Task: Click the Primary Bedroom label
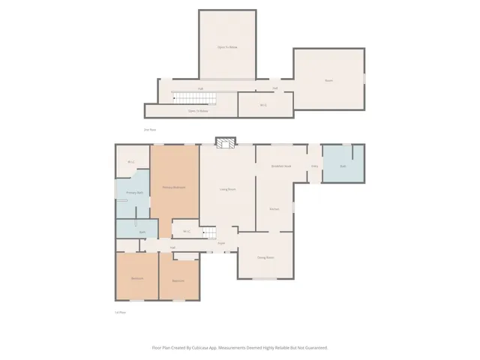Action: point(174,187)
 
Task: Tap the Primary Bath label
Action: point(124,193)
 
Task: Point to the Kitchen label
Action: point(274,208)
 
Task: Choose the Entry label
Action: point(315,166)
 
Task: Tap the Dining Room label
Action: point(265,258)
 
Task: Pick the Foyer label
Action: point(221,243)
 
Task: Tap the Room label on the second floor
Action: point(328,79)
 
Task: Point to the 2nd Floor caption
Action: point(150,130)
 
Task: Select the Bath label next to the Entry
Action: point(343,166)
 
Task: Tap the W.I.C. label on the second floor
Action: point(263,105)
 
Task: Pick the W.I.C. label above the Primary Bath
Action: point(131,162)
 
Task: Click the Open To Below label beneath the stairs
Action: point(198,111)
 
